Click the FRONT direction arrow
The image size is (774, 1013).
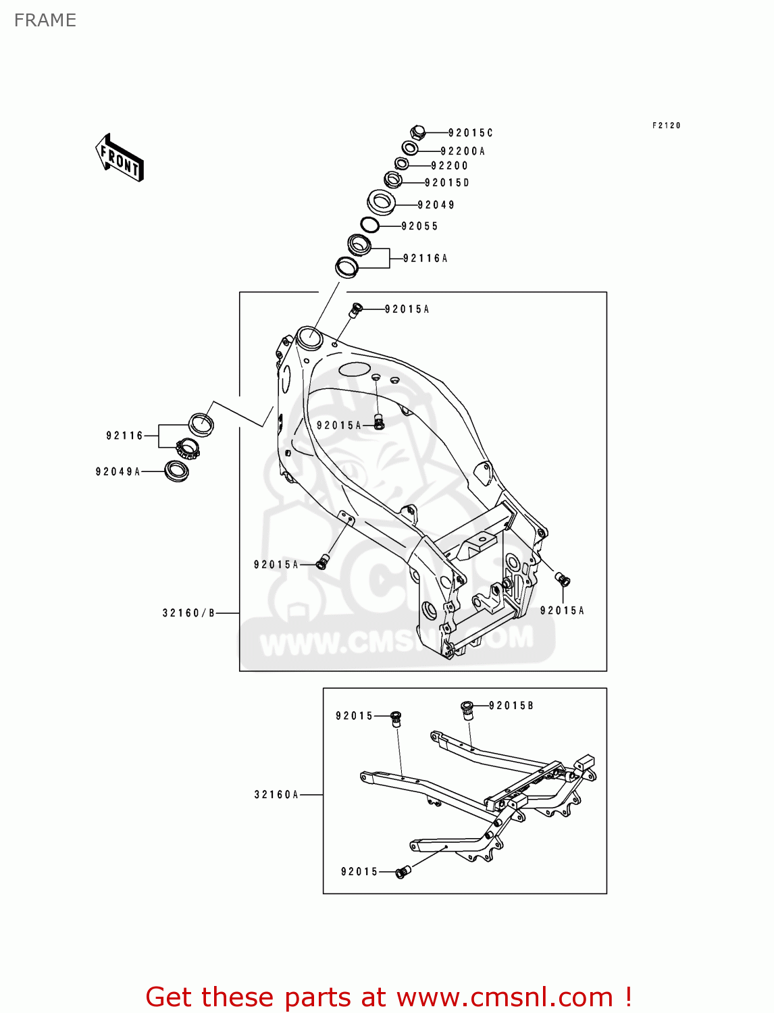click(x=120, y=158)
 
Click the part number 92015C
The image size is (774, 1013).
click(x=471, y=133)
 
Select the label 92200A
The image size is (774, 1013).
click(x=463, y=151)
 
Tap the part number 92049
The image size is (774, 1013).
click(x=436, y=205)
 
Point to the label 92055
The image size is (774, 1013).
click(x=419, y=226)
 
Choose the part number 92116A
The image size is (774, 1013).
click(x=425, y=258)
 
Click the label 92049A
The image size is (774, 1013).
click(x=118, y=471)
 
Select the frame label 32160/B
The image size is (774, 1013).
click(x=188, y=613)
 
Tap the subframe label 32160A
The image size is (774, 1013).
click(x=276, y=795)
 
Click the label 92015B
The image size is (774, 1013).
click(x=511, y=706)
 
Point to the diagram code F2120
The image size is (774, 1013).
click(x=666, y=126)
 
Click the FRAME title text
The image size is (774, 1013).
click(x=45, y=20)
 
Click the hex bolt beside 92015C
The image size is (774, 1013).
click(x=417, y=132)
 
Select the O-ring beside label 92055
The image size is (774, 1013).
click(x=369, y=225)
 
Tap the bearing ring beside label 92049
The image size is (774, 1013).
click(x=382, y=201)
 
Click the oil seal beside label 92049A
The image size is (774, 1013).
click(x=176, y=471)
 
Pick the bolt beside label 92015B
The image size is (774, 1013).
click(x=467, y=710)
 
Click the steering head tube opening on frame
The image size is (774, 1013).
click(x=309, y=337)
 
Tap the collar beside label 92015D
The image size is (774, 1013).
click(x=393, y=180)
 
